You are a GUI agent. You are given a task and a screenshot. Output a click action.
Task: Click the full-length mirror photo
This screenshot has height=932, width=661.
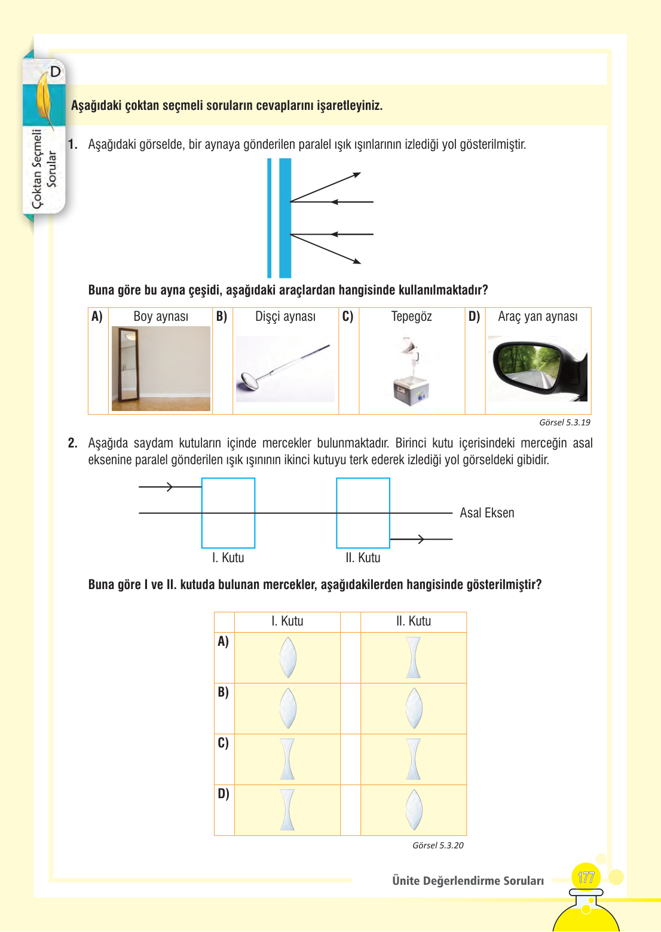coord(161,369)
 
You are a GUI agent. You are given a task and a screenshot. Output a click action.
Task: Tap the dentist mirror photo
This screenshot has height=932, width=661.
coord(285,369)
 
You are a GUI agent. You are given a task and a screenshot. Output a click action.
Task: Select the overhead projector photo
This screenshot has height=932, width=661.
coord(411,372)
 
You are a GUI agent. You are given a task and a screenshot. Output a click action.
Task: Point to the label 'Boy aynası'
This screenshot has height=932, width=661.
coord(161,317)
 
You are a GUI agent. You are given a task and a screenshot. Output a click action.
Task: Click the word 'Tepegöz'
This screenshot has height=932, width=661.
coord(411,317)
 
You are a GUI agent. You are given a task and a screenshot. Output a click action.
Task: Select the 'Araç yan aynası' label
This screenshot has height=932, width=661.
coord(537,317)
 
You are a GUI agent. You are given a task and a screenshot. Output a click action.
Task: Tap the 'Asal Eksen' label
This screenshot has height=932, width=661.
coord(486,513)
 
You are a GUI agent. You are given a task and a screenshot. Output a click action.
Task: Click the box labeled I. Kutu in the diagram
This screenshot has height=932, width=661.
coord(228,513)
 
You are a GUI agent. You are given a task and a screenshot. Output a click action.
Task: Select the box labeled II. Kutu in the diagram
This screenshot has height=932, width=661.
coord(363,513)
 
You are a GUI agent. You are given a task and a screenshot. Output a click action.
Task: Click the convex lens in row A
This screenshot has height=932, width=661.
coord(288,657)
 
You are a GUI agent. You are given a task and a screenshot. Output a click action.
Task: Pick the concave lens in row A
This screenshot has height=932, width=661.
coord(414,657)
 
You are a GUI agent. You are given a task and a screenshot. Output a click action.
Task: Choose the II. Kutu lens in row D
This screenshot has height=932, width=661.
coord(414,810)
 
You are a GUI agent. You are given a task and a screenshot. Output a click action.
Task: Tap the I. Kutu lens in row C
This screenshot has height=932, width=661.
coord(288,759)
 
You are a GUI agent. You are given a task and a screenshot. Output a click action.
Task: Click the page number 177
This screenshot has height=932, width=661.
coord(586,878)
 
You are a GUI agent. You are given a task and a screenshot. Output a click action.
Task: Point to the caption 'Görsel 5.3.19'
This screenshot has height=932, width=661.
coord(564,422)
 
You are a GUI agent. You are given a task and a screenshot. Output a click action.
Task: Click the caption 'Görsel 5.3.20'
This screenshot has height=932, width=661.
coord(437,845)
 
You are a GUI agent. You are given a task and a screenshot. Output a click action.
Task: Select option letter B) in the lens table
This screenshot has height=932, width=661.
coord(223,692)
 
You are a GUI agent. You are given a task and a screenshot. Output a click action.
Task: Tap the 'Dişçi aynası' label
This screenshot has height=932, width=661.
coord(285,317)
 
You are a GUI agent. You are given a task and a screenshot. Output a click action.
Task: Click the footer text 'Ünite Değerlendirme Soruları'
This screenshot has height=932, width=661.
coord(468,881)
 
